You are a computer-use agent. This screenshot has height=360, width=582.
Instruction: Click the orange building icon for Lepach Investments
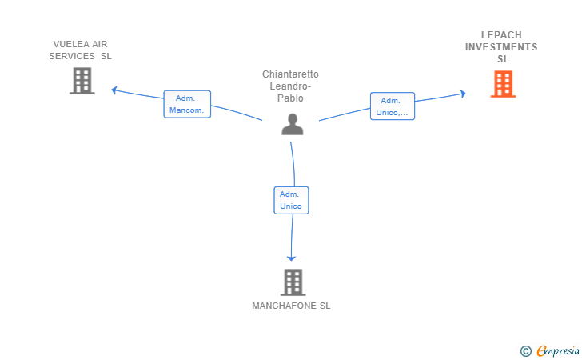pos(503,84)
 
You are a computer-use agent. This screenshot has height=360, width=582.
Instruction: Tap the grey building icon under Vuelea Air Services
pos(82,81)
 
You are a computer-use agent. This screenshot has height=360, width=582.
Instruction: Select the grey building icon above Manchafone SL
pos(293,282)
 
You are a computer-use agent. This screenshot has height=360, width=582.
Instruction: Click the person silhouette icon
pos(293,124)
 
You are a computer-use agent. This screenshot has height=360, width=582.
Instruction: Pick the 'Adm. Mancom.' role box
pos(187,104)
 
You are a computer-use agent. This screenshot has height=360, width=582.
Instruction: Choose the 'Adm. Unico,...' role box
pos(393,106)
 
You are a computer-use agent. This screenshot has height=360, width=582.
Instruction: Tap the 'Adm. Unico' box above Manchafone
pos(291,200)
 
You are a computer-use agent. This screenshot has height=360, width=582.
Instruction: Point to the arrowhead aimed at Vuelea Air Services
pos(114,90)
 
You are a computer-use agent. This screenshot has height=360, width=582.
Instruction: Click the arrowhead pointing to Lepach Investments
pos(463,94)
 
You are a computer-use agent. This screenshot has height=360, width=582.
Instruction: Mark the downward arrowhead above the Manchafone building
pos(291,258)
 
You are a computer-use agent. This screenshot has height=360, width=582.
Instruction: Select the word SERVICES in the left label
pos(72,56)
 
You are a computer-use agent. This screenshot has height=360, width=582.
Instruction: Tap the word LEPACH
pos(501,35)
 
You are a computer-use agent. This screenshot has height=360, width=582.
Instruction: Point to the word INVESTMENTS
pos(501,47)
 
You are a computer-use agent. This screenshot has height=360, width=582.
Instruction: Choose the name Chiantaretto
pos(291,74)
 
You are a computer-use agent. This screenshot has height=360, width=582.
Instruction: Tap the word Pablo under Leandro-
pos(290,98)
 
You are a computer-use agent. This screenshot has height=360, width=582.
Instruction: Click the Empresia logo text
pos(558,350)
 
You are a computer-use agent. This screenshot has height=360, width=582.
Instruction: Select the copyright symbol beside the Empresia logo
pos(526,351)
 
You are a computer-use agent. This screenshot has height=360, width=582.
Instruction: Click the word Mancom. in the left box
pos(187,110)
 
